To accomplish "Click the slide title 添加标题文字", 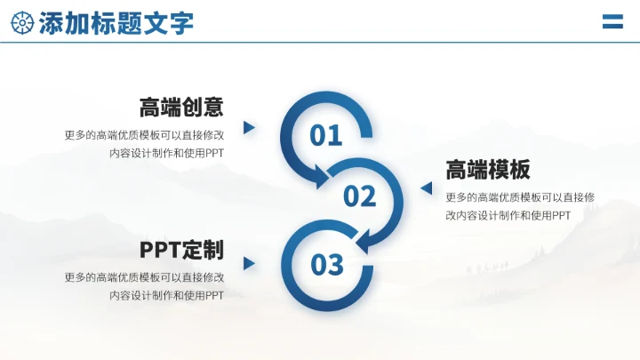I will pyautogui.click(x=116, y=23).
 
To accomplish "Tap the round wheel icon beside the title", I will pyautogui.click(x=22, y=23).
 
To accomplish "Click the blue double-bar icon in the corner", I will pyautogui.click(x=612, y=22).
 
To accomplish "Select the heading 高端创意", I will pyautogui.click(x=181, y=108).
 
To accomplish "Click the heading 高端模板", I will pyautogui.click(x=488, y=170).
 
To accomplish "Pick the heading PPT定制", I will pyautogui.click(x=181, y=250).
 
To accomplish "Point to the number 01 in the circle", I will pyautogui.click(x=326, y=135).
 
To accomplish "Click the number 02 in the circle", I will pyautogui.click(x=360, y=196).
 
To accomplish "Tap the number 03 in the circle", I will pyautogui.click(x=326, y=264).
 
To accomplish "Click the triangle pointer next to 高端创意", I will pyautogui.click(x=249, y=128).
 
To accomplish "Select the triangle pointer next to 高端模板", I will pyautogui.click(x=426, y=188).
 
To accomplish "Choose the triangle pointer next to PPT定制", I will pyautogui.click(x=249, y=264).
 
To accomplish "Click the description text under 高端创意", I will pyautogui.click(x=145, y=144).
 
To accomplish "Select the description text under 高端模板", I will pyautogui.click(x=521, y=206).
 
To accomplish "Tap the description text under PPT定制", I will pyautogui.click(x=145, y=286).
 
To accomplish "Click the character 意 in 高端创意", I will pyautogui.click(x=213, y=108).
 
